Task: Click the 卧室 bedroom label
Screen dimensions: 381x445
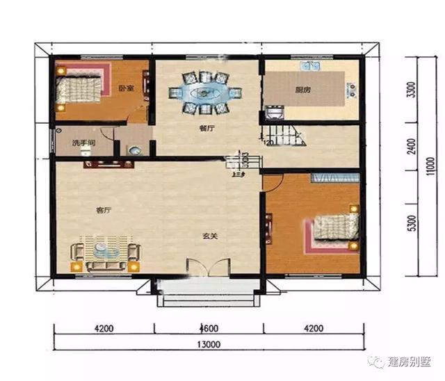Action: coord(126,88)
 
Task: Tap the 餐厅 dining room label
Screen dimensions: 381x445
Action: coord(207,129)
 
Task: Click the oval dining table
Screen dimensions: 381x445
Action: coord(207,91)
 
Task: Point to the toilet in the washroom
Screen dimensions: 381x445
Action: coord(134,149)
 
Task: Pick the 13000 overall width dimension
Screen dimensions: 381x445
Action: coord(208,344)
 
